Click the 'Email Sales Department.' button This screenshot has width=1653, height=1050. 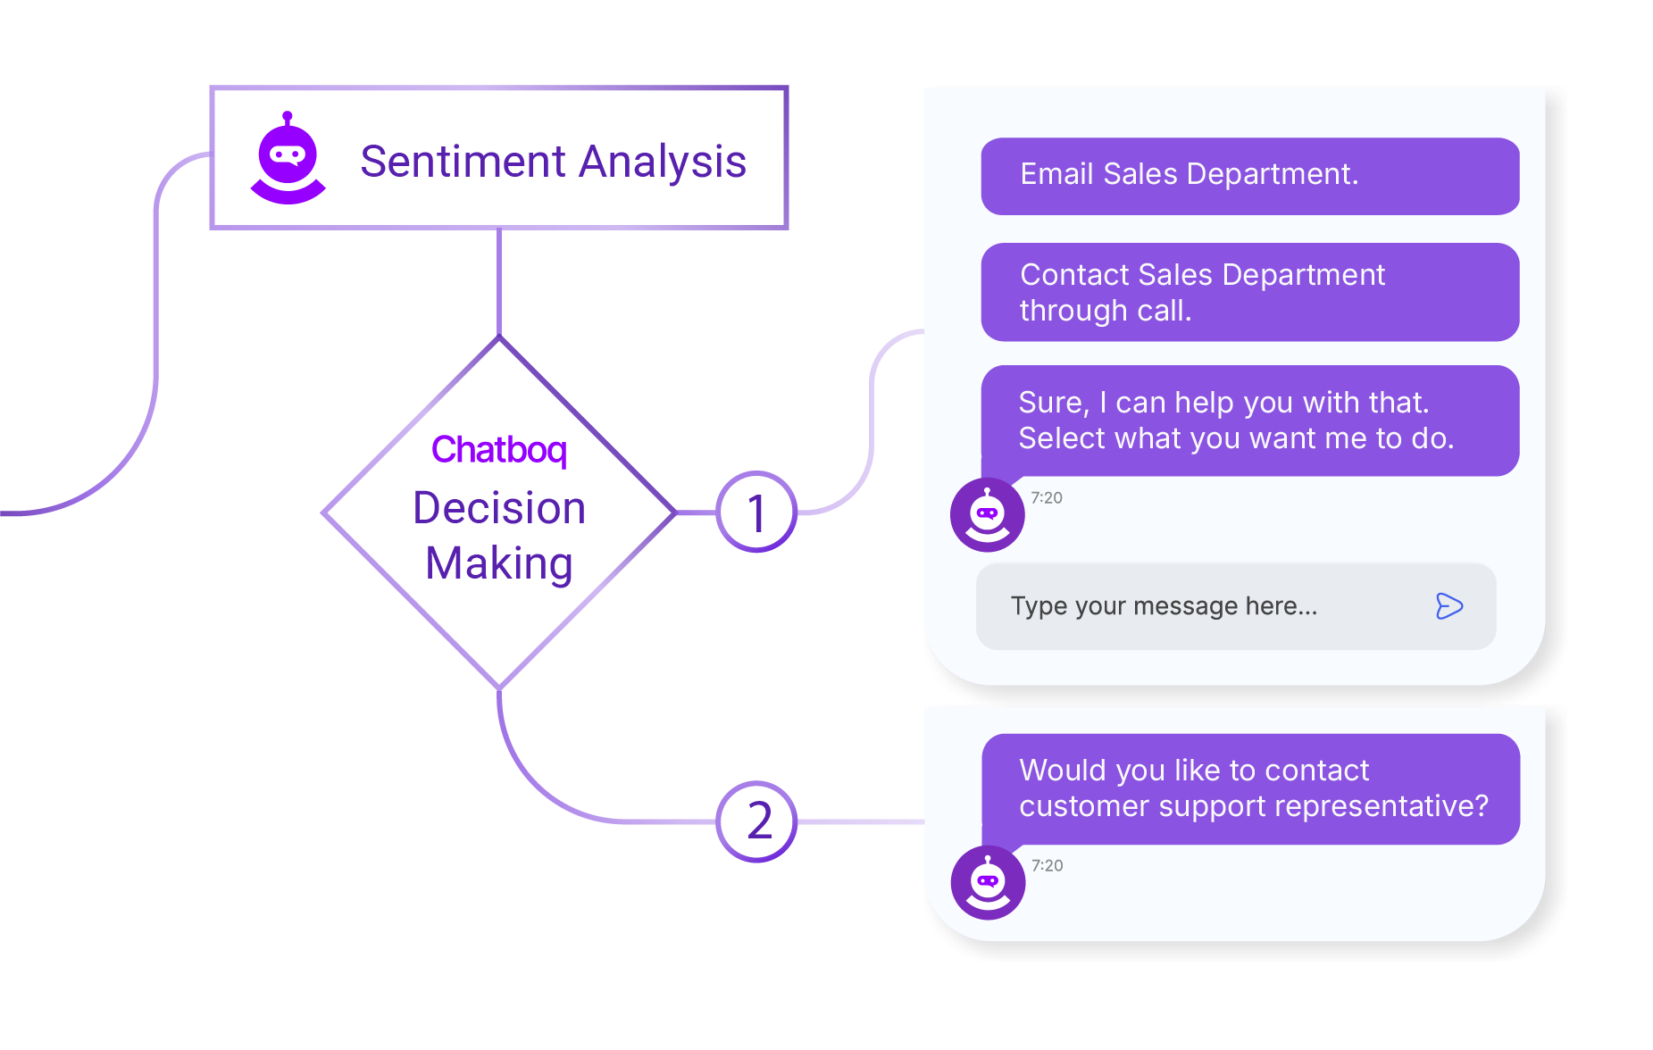(x=1249, y=176)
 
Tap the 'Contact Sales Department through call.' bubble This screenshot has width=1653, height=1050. (x=1249, y=292)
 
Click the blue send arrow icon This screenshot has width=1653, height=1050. (x=1448, y=606)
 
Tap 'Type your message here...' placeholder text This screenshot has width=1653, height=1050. (x=1164, y=606)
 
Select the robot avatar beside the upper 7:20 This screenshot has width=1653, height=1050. (x=987, y=514)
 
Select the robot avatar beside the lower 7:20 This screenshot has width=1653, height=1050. (x=988, y=882)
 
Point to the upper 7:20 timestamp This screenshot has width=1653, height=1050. (x=1047, y=498)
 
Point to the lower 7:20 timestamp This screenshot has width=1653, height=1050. (x=1047, y=866)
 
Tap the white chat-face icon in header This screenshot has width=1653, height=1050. (x=288, y=156)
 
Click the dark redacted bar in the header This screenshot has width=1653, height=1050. (x=518, y=162)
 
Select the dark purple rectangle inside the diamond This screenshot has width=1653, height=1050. (x=487, y=536)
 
